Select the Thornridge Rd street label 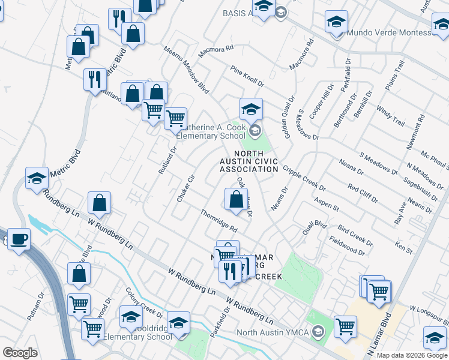coord(219,221)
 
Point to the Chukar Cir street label coord(184,188)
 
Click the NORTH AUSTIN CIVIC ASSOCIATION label coord(249,161)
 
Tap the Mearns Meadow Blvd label coord(187,71)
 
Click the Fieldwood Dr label coord(347,246)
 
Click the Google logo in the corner coord(20,353)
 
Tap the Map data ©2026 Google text coord(412,355)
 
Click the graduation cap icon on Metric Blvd coord(37,178)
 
